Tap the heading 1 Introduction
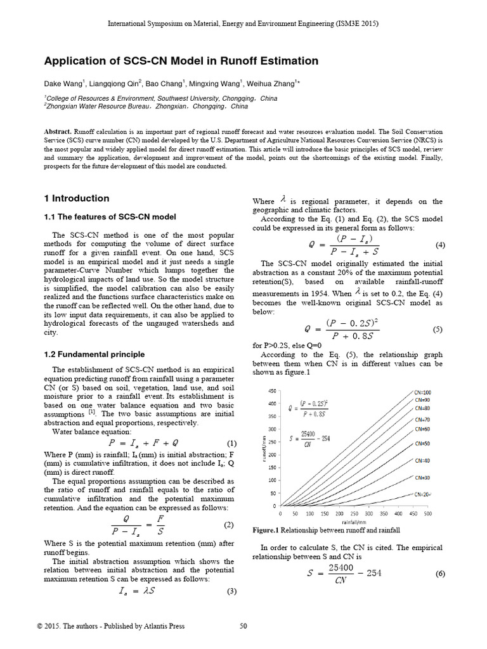pyautogui.click(x=76, y=198)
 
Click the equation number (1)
pyautogui.click(x=231, y=443)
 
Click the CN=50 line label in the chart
pyautogui.click(x=423, y=444)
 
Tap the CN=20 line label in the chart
pyautogui.click(x=423, y=494)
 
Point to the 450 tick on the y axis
pyautogui.click(x=271, y=390)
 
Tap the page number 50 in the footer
pyautogui.click(x=243, y=626)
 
